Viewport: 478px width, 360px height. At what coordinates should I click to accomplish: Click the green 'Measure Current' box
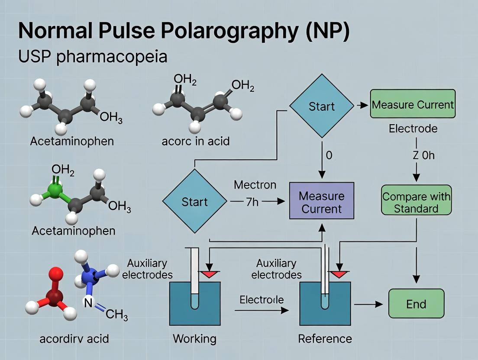[413, 104]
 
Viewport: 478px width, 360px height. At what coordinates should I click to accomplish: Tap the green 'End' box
[416, 304]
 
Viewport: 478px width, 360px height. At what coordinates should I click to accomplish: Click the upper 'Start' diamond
[321, 106]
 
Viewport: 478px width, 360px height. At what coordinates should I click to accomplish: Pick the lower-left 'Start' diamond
[194, 202]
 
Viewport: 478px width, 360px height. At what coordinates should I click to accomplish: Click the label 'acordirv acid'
[74, 338]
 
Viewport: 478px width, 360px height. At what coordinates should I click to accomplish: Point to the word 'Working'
[194, 338]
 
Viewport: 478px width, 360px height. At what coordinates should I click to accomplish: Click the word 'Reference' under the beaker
[325, 338]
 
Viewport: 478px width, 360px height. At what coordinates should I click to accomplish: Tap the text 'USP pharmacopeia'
[93, 57]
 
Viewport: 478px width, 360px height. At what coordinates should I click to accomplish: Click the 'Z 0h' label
[423, 155]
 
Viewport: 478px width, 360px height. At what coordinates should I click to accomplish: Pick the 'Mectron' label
[255, 185]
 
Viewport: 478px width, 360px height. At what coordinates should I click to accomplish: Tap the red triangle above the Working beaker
[210, 273]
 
